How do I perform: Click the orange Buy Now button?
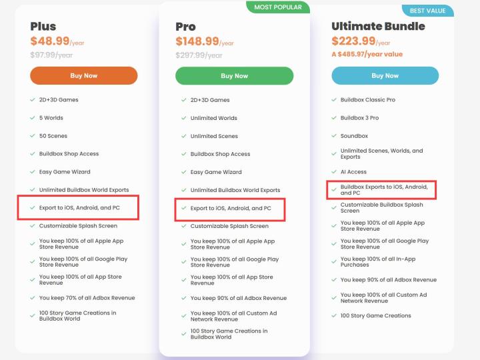(x=83, y=75)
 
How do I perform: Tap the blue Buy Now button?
(x=385, y=75)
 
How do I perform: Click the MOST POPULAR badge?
(x=278, y=7)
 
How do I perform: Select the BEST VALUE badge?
(x=427, y=11)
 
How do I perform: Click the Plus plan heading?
(x=43, y=26)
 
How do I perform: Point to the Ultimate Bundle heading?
(x=378, y=26)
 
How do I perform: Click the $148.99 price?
(x=197, y=41)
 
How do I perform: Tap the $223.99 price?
(x=353, y=41)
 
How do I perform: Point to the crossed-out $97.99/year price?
(x=51, y=55)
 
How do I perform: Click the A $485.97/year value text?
(x=367, y=54)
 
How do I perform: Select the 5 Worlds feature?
(x=51, y=118)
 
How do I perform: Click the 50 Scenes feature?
(x=53, y=136)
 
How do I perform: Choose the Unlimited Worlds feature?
(x=214, y=118)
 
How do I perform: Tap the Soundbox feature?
(x=354, y=136)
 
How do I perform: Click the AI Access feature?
(x=353, y=172)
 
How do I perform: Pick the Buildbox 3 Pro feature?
(x=360, y=118)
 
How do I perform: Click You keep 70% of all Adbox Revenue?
(x=87, y=298)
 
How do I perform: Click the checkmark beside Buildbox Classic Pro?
(x=334, y=99)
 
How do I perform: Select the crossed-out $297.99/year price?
(x=199, y=55)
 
